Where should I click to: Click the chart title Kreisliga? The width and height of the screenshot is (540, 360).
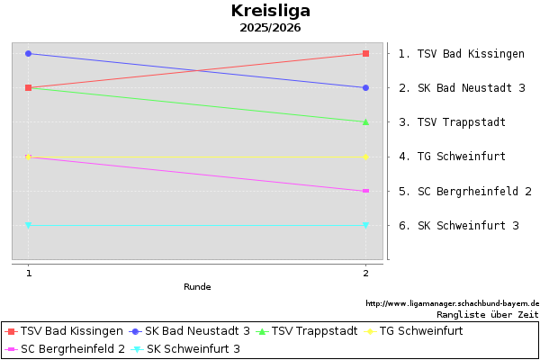(270, 11)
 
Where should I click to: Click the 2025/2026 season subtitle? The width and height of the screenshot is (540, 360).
(270, 28)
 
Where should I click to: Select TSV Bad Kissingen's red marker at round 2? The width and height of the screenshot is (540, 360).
(365, 53)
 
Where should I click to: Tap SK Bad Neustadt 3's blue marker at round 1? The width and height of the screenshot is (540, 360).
(29, 53)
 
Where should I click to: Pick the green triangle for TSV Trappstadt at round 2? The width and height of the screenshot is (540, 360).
(365, 121)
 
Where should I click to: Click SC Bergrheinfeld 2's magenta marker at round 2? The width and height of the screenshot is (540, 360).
(365, 191)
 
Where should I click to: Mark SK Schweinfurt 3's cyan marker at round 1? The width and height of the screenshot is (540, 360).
(29, 225)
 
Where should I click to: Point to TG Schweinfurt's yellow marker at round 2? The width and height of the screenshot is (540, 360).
(365, 157)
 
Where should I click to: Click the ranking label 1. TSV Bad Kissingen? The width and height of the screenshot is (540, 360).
(461, 54)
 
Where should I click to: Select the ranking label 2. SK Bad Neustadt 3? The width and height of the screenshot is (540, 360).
(461, 88)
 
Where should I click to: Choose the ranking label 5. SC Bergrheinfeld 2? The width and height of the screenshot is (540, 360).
(464, 192)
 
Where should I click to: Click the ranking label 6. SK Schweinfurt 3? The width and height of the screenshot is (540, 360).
(458, 226)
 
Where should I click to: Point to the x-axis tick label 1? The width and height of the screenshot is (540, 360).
(29, 273)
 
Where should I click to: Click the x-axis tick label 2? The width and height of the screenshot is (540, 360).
(365, 273)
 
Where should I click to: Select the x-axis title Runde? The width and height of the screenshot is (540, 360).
(197, 287)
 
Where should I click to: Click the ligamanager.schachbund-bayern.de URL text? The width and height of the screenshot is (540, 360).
(452, 304)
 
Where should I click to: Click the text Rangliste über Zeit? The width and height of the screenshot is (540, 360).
(488, 315)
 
